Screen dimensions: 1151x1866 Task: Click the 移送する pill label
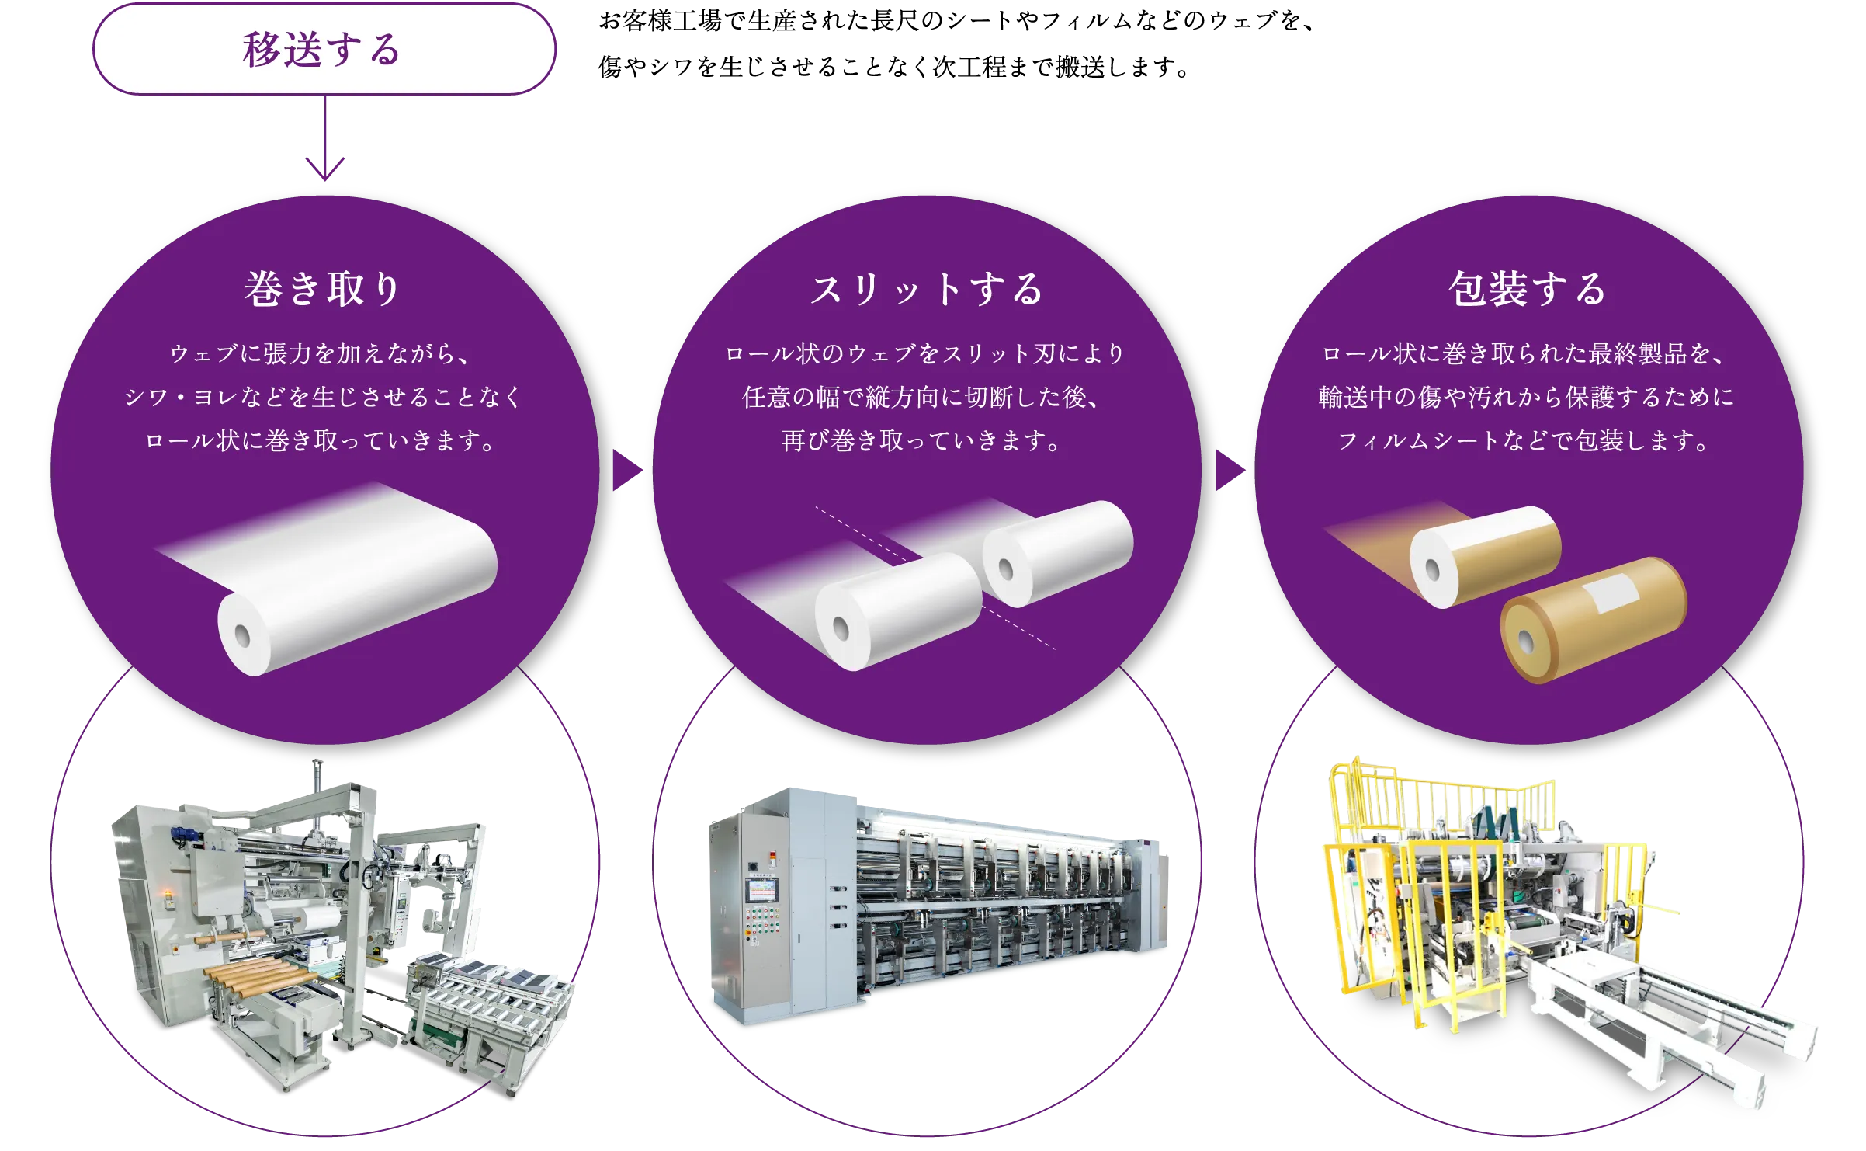coord(324,50)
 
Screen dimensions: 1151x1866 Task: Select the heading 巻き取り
coord(323,289)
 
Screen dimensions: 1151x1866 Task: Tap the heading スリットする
coord(927,289)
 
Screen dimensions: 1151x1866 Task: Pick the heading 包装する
coord(1528,289)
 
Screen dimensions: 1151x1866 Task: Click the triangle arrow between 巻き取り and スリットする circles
coord(626,471)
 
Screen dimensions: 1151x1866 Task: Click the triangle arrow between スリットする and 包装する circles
coord(1229,471)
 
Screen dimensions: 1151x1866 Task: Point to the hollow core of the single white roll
coord(242,635)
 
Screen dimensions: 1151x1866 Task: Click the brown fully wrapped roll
coord(1591,621)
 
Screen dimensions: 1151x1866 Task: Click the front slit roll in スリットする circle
coord(897,612)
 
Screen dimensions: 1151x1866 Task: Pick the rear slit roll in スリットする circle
coord(1057,552)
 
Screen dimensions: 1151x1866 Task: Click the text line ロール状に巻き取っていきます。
coord(321,441)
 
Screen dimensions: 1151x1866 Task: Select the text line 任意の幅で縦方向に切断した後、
coord(921,398)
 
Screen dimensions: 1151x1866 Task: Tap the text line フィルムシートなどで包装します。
coord(1524,441)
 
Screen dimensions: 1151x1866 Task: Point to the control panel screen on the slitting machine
coord(761,890)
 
